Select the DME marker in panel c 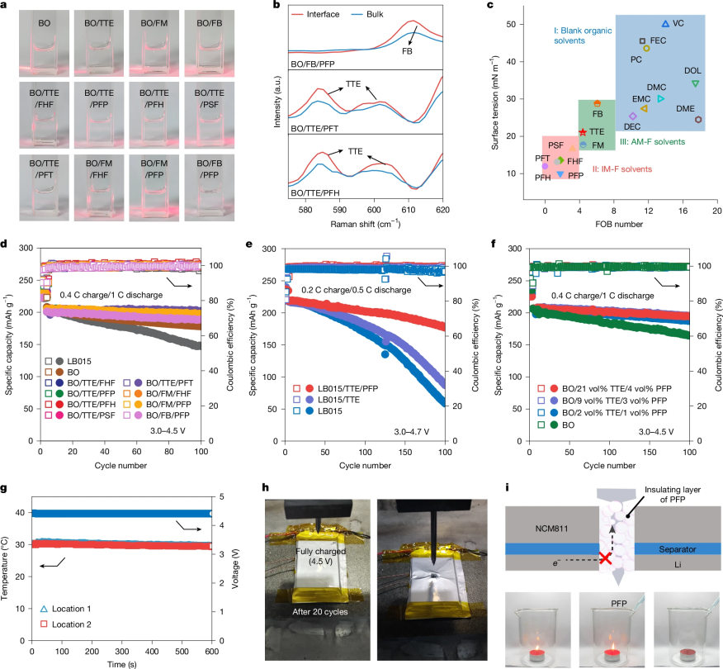[698, 120]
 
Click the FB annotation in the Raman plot [407, 51]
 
